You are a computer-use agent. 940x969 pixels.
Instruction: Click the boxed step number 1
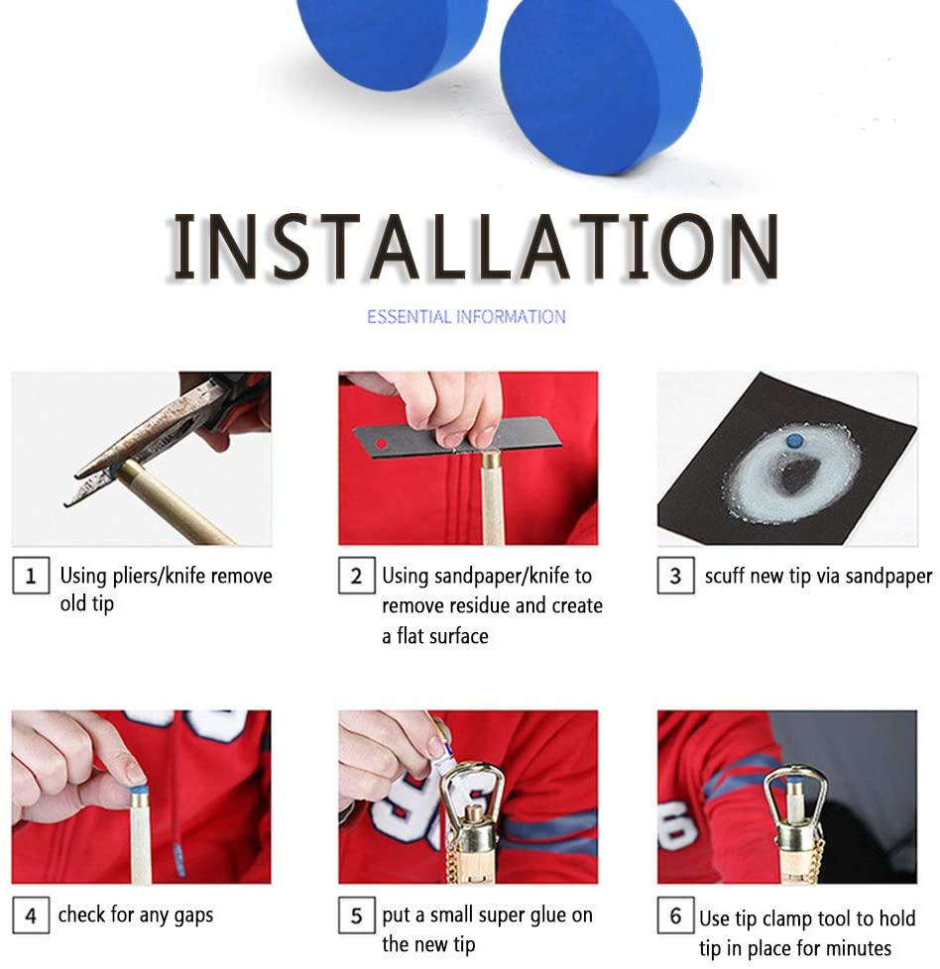(31, 576)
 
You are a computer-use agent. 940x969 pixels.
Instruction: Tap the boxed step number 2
(356, 576)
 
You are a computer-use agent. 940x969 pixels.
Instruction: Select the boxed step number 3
(675, 576)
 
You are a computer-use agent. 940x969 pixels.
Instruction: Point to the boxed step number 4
(31, 915)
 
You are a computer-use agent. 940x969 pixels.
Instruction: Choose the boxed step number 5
(356, 915)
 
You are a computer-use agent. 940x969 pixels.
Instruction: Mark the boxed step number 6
(675, 915)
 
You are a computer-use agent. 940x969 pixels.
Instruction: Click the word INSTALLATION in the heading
(474, 246)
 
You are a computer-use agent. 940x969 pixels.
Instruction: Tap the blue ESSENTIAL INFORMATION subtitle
(466, 317)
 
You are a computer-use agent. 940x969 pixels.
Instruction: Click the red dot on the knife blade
(382, 444)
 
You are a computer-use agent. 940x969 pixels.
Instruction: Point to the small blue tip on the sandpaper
(793, 441)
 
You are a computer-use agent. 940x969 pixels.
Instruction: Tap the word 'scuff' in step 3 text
(725, 576)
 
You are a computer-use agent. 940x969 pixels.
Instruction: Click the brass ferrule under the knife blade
(492, 461)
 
